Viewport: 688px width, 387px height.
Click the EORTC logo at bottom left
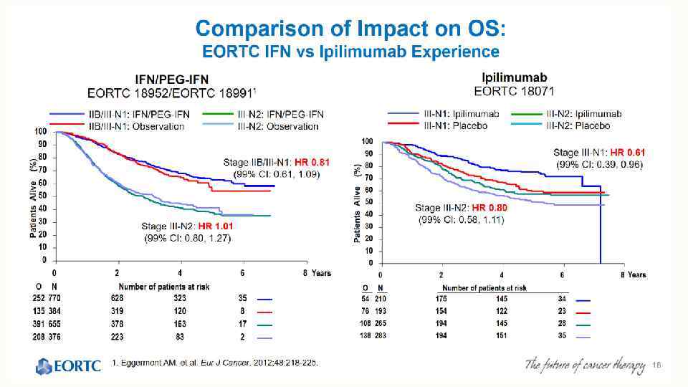69,367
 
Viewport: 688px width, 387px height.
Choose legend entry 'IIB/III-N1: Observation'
135,126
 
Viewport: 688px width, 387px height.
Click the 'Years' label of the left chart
322,274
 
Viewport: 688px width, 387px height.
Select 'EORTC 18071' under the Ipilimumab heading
515,92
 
